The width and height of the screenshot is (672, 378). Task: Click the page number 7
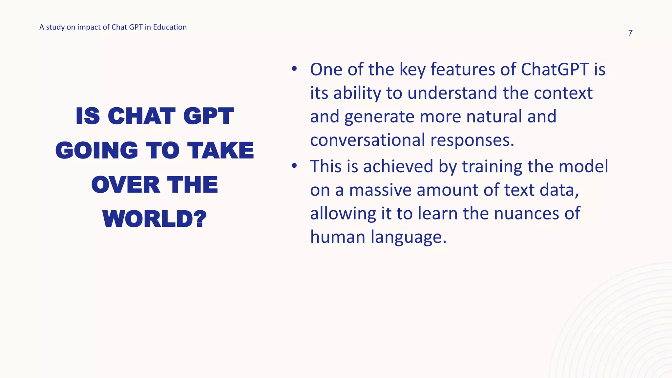(630, 33)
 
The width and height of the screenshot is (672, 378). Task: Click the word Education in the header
(170, 27)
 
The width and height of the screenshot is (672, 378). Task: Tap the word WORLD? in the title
(155, 219)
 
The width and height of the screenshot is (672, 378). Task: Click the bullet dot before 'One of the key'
(294, 69)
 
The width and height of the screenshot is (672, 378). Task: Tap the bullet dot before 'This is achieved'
(294, 166)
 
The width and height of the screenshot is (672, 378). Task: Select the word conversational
(367, 140)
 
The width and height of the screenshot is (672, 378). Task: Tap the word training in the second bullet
(492, 166)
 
